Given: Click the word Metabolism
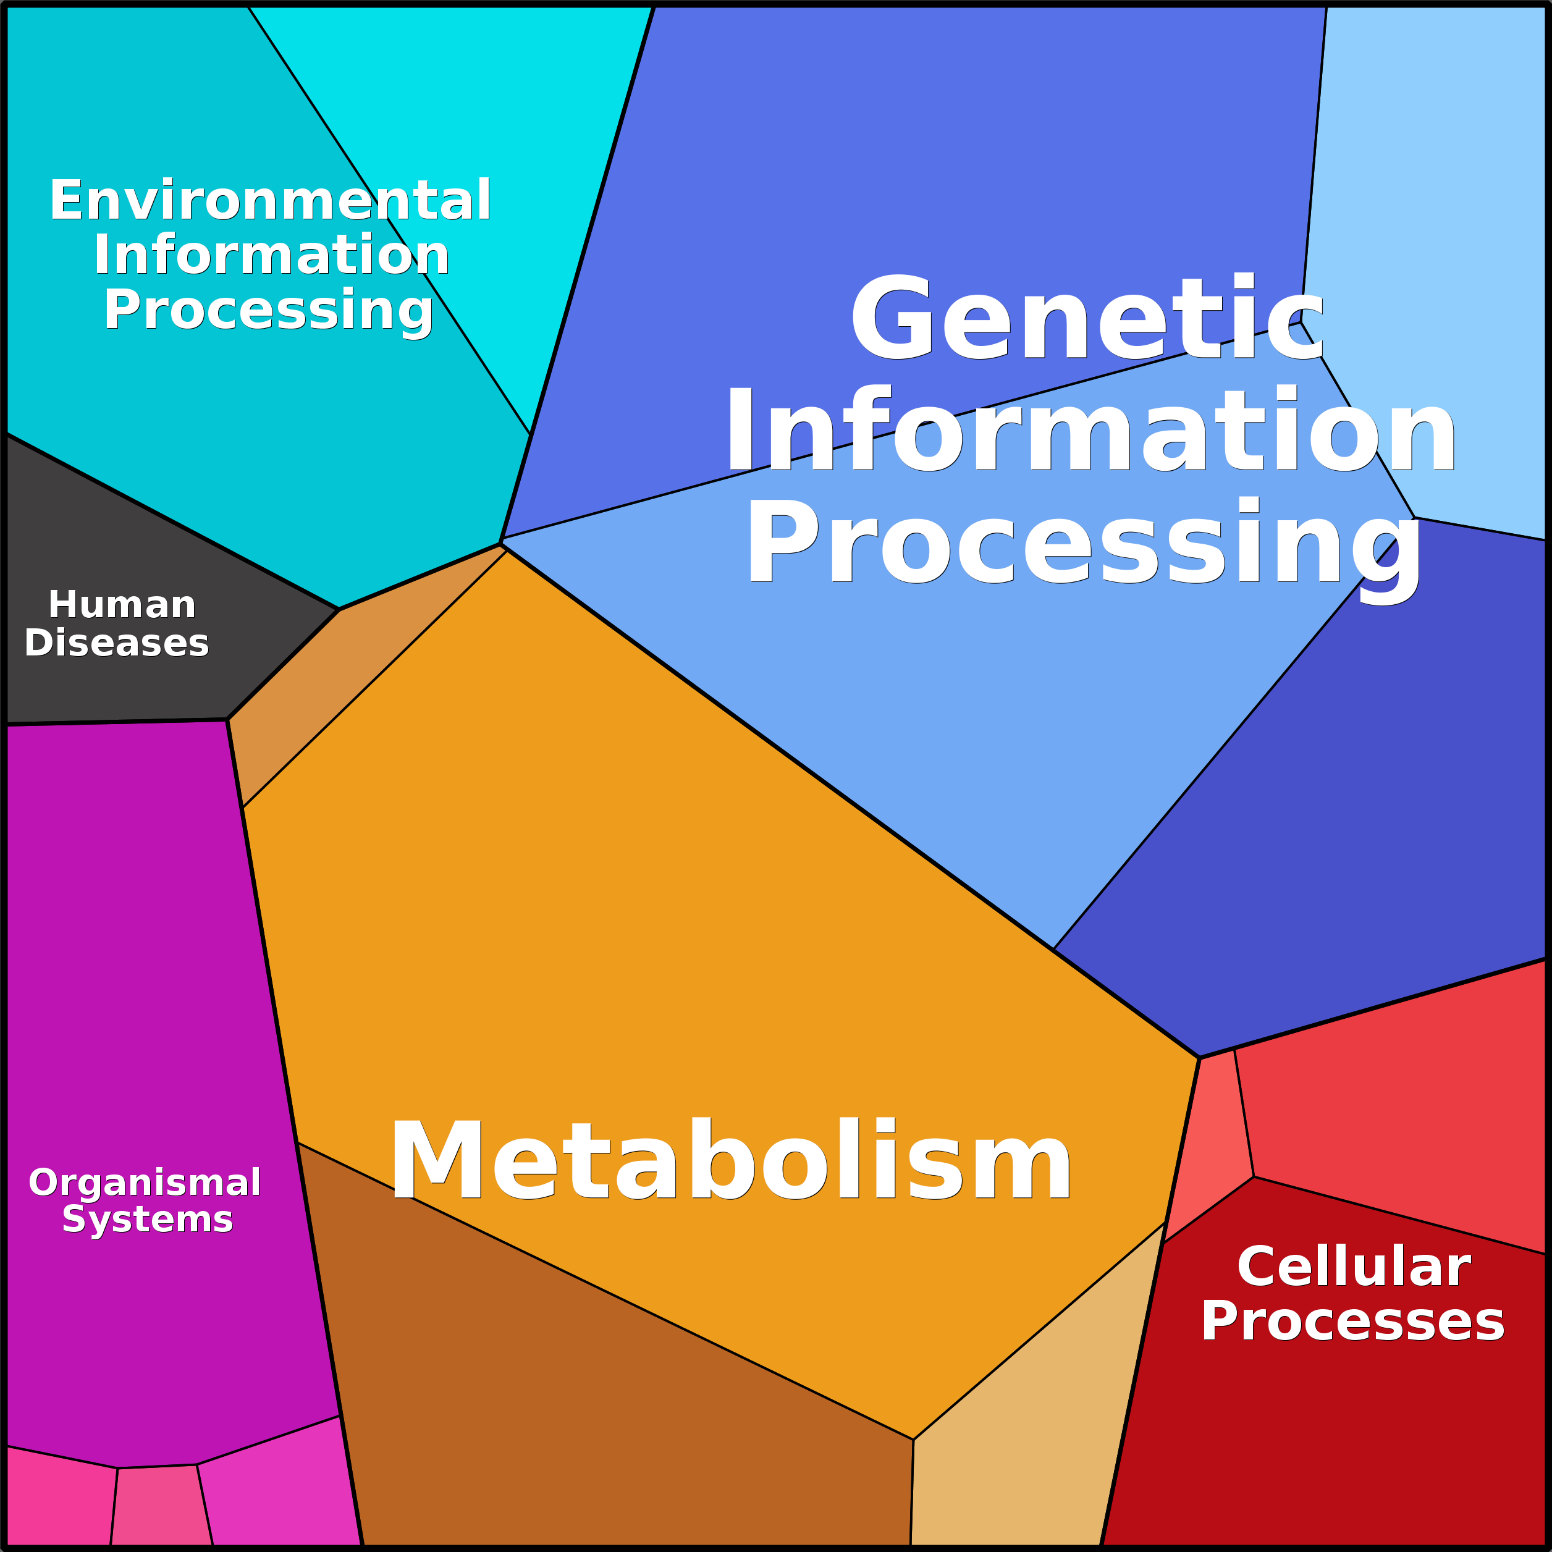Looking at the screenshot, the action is coord(730,1161).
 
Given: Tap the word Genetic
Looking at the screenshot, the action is coord(1087,318).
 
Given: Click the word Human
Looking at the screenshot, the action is coord(122,605).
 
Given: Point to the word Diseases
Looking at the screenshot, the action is coord(117,643).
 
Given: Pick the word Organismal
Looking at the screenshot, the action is coord(145,1183).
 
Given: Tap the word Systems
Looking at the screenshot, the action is coord(148,1220).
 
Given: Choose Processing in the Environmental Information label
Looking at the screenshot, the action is coord(268,310).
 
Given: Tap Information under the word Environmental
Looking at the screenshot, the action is coord(271,255).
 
